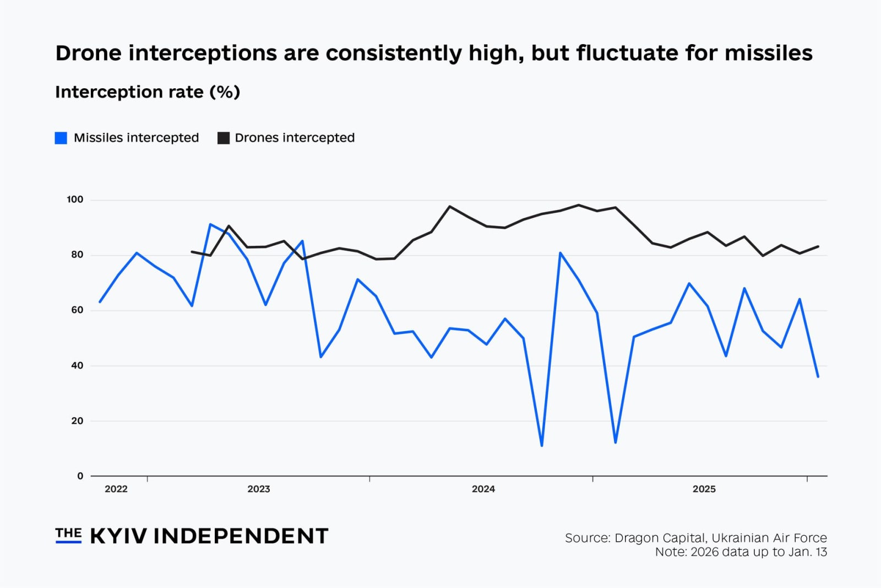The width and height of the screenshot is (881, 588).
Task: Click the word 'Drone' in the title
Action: pos(88,53)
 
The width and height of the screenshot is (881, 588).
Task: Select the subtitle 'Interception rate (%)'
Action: pos(148,91)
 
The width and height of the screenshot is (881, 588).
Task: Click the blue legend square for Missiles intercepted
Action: pos(61,138)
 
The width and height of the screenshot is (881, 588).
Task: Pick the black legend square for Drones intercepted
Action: pos(223,138)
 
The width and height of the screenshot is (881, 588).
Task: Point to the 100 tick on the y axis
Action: pos(75,199)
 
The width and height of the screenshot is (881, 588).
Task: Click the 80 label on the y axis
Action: pos(77,255)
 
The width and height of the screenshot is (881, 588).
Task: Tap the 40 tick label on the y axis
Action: pos(77,365)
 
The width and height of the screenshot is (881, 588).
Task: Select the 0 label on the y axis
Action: pos(80,476)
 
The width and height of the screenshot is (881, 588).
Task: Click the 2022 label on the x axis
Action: pos(116,489)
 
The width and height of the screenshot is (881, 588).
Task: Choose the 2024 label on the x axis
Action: pos(483,489)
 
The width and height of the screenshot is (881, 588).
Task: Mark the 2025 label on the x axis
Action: pos(704,489)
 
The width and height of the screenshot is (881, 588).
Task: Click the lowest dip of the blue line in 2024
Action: pos(542,445)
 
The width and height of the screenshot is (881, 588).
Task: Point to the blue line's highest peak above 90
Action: pos(210,224)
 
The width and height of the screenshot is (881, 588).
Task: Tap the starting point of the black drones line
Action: pos(192,252)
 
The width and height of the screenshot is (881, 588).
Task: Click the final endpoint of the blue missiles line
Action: pos(818,376)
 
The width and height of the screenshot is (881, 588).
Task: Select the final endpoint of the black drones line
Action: pos(818,246)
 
